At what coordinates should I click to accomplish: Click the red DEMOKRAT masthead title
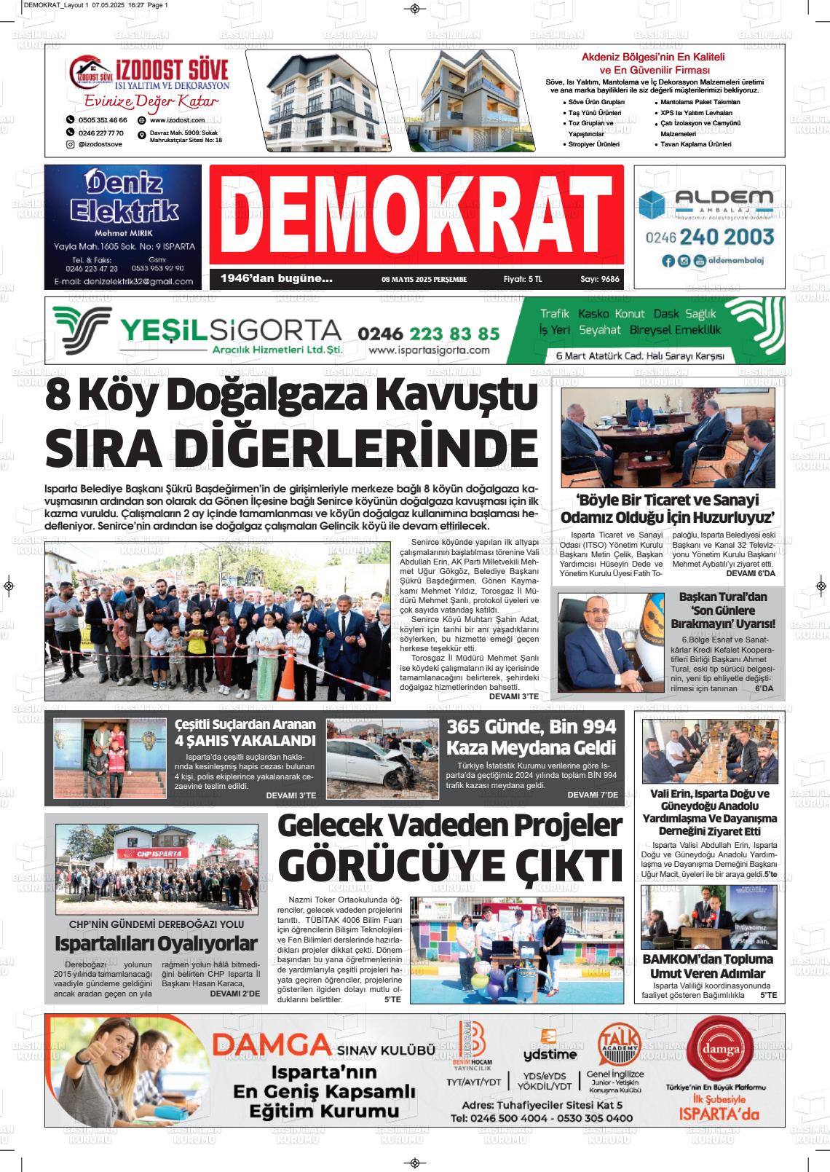[416, 216]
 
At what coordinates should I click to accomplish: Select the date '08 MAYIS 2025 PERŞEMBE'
[424, 279]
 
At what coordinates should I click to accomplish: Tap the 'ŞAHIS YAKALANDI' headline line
[245, 742]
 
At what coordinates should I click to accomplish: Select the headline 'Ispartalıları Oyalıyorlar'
[156, 944]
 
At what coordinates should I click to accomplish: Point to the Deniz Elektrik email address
[122, 282]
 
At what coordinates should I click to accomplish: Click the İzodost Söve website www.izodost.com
[177, 120]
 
